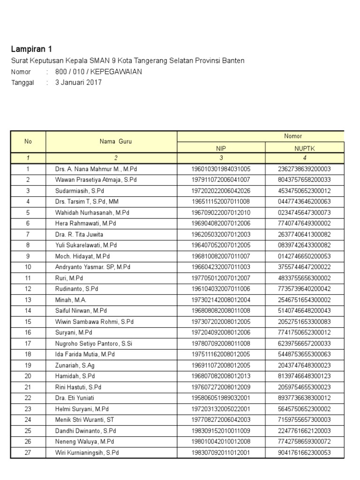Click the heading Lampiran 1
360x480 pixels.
[x=32, y=49]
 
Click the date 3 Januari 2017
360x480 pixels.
[x=78, y=82]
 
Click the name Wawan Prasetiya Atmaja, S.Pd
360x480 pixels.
[x=92, y=180]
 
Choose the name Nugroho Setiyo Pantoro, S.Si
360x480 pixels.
[x=94, y=343]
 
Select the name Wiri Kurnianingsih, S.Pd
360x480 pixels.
[x=87, y=452]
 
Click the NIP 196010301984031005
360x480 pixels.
[x=221, y=169]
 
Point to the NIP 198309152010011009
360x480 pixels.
[x=221, y=430]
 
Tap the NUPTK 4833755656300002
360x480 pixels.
[x=305, y=278]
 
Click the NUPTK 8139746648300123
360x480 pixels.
[x=305, y=376]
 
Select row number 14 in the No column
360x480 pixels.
[x=28, y=310]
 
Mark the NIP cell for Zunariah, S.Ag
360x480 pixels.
[x=221, y=365]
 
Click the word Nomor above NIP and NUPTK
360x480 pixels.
[x=293, y=136]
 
